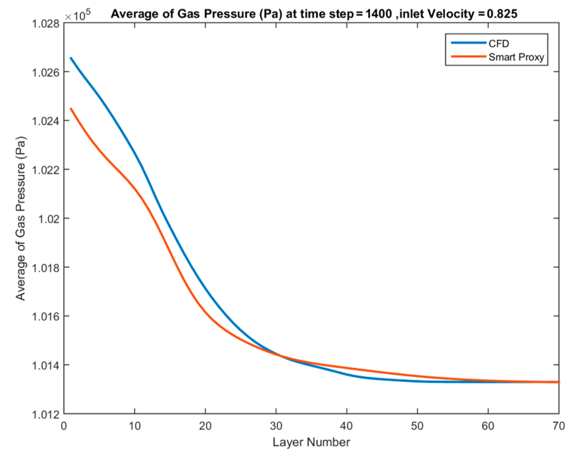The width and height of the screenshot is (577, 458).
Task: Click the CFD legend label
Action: pos(499,44)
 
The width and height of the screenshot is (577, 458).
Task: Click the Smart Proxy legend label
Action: pos(516,57)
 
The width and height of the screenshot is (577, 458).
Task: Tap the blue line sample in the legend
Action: pos(468,43)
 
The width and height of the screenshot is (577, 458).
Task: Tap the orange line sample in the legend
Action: pos(468,57)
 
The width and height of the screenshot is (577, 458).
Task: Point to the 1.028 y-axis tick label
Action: pos(46,23)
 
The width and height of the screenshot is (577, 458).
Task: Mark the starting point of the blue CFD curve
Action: pos(71,58)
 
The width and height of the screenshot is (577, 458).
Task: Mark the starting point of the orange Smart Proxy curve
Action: pos(71,108)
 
